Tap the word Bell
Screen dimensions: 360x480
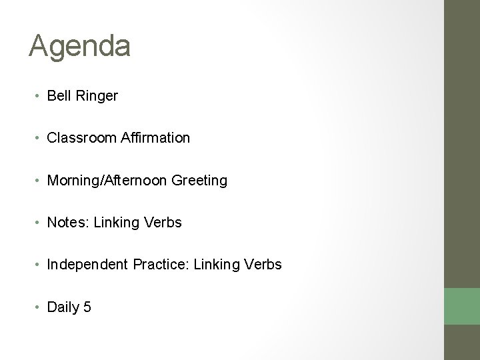pyautogui.click(x=57, y=96)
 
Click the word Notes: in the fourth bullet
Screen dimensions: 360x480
pyautogui.click(x=68, y=222)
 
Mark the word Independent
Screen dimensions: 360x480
pyautogui.click(x=85, y=265)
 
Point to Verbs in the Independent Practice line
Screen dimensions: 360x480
pyautogui.click(x=265, y=265)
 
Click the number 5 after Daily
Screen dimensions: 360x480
pyautogui.click(x=87, y=307)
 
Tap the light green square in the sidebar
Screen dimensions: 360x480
pyautogui.click(x=462, y=305)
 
